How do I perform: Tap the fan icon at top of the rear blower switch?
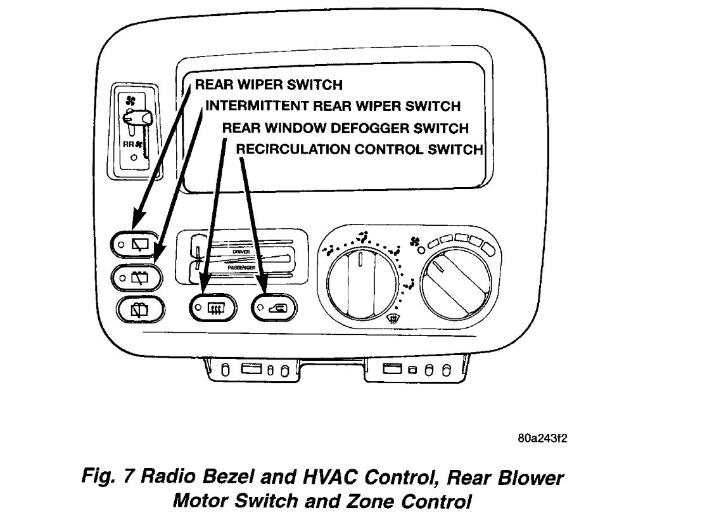click(130, 100)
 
